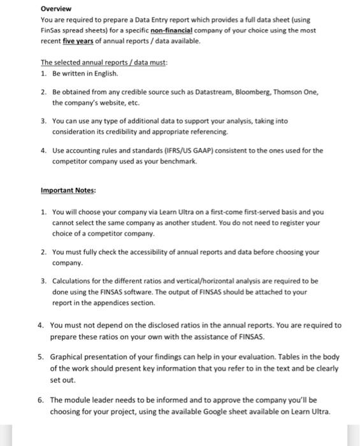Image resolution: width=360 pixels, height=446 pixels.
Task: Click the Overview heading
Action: click(x=56, y=9)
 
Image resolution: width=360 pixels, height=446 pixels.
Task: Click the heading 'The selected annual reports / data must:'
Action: click(x=104, y=62)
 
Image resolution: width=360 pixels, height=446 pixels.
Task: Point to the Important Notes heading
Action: click(x=68, y=190)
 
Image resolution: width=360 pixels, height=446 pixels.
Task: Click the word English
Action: click(x=105, y=73)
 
